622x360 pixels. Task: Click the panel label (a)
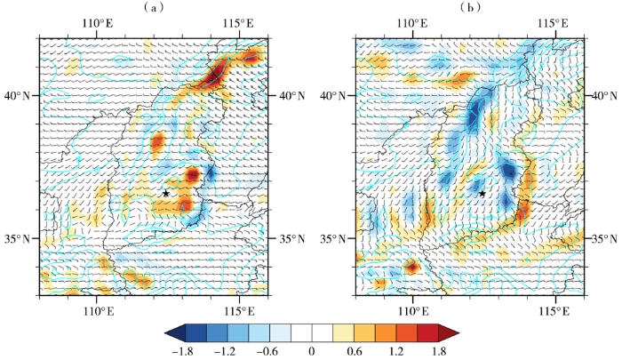[154, 8]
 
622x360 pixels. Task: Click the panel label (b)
[470, 8]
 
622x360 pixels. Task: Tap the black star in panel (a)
[166, 193]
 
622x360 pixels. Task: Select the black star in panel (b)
[482, 193]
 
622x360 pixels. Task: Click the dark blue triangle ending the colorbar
[173, 333]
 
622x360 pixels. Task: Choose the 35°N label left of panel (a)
[17, 238]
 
